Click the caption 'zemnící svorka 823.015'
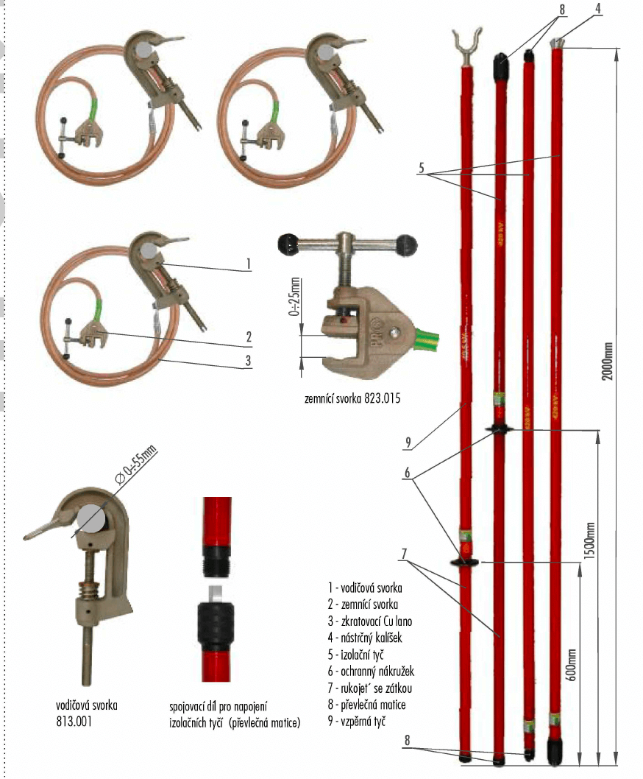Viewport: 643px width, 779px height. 352,400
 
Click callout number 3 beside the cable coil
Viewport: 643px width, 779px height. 249,361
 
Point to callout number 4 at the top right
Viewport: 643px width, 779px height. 597,10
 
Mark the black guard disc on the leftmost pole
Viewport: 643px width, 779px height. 463,563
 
